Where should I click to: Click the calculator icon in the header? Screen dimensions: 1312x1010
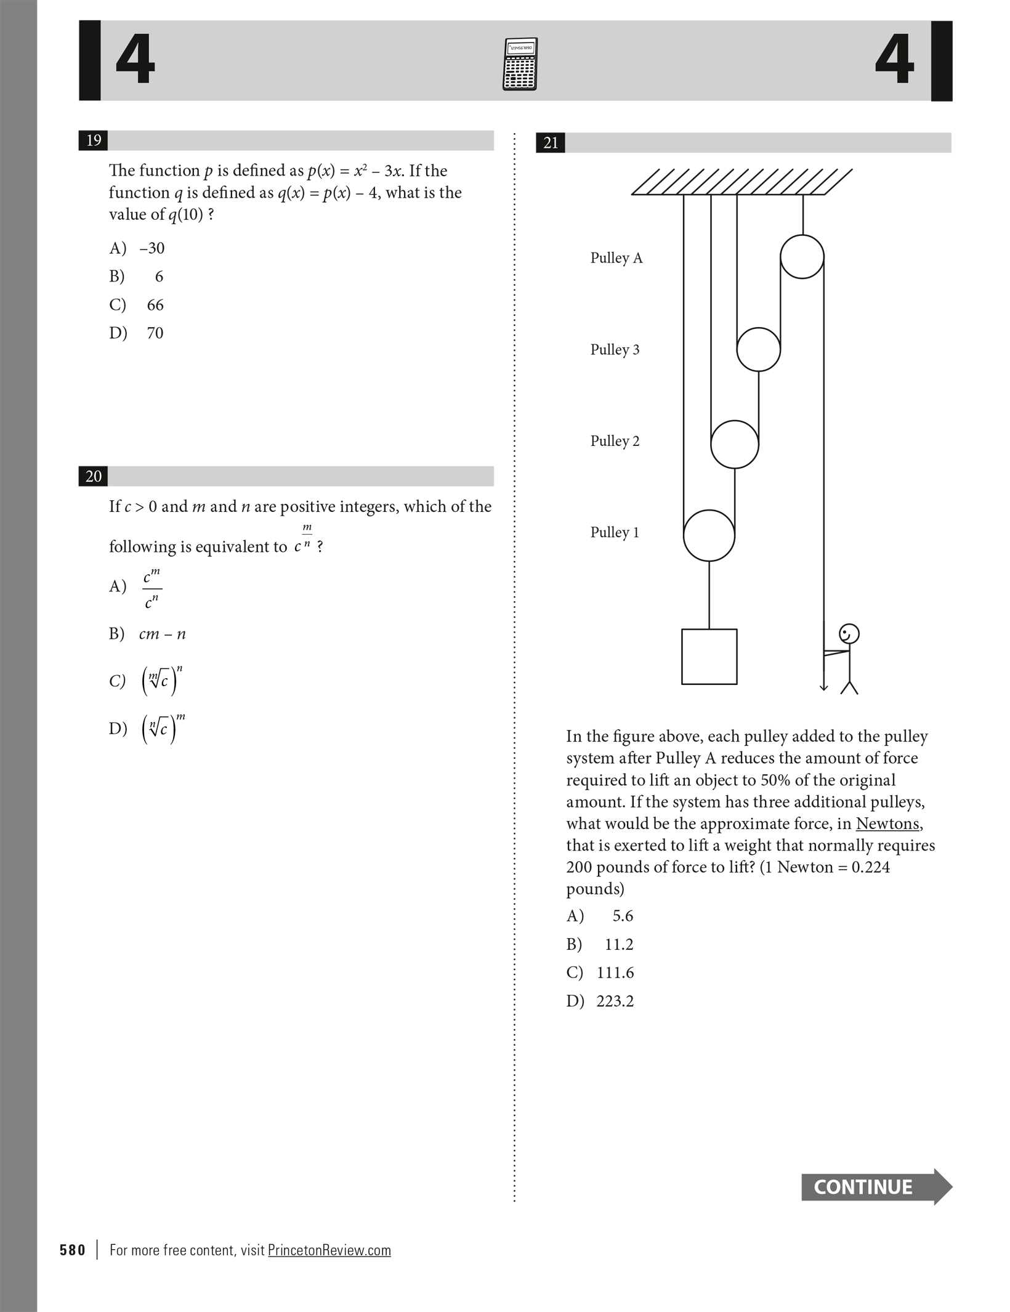(520, 64)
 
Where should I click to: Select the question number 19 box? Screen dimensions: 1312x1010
(94, 140)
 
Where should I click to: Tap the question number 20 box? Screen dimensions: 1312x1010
(94, 476)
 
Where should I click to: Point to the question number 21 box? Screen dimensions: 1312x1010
(551, 143)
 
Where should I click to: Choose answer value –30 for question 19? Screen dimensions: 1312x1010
(151, 248)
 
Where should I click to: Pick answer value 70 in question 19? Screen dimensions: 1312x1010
(155, 333)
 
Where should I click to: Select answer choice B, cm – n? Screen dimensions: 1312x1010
(162, 634)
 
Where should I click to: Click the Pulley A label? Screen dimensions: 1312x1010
(616, 258)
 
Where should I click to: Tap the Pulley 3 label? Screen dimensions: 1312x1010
(615, 350)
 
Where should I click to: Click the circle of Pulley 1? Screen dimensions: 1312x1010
(709, 535)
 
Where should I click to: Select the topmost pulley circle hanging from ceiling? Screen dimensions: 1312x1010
(802, 257)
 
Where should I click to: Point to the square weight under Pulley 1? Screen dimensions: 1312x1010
(709, 657)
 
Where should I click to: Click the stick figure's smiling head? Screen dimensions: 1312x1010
(849, 634)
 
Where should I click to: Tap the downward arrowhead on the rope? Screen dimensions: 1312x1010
(823, 687)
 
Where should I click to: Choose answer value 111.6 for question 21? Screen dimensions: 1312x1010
(615, 973)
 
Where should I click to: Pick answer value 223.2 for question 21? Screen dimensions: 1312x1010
(615, 1001)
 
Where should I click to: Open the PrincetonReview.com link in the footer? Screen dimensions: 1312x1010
(329, 1250)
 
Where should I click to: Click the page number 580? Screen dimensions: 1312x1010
(73, 1250)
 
